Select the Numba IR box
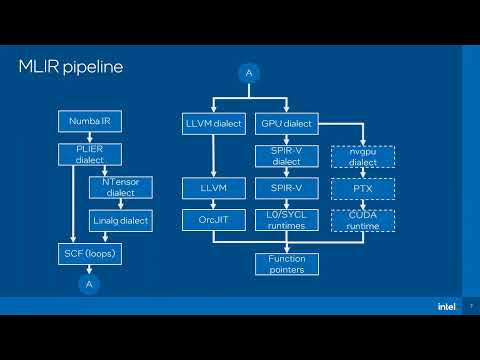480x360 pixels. [90, 122]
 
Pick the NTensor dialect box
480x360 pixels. [120, 187]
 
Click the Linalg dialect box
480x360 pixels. [120, 219]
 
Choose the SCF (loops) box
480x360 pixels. [90, 254]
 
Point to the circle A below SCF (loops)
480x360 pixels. [90, 284]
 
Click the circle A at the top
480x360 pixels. [249, 72]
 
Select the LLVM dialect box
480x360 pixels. [213, 124]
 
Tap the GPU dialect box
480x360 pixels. [285, 124]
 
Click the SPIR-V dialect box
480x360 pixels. [285, 156]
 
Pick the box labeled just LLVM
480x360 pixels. [213, 187]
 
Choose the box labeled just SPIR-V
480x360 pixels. [285, 187]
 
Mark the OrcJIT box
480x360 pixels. [213, 219]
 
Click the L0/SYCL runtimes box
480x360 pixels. [285, 219]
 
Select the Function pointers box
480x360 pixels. [285, 264]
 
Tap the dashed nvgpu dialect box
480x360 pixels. [362, 156]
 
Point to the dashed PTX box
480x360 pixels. [362, 187]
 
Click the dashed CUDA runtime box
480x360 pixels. [362, 219]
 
